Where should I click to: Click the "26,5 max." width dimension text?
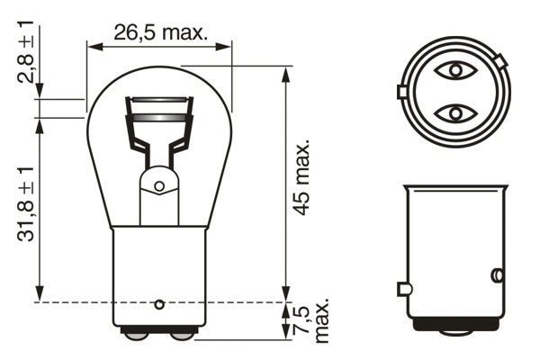click(160, 32)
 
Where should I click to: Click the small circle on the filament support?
click(159, 186)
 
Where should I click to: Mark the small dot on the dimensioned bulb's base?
click(159, 302)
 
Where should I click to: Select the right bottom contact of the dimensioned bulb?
click(182, 336)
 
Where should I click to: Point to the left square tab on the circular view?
click(401, 91)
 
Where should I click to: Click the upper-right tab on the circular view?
click(499, 61)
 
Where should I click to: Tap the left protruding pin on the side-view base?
click(403, 289)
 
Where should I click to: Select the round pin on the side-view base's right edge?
click(495, 274)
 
